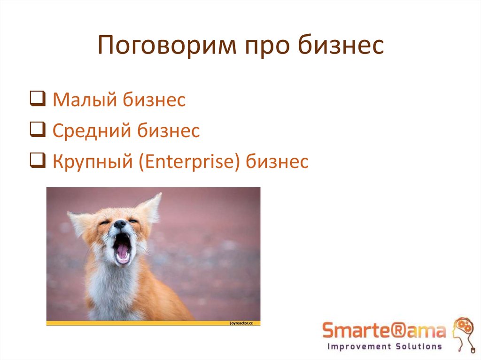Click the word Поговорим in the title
165,47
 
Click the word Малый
85,100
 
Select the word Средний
92,131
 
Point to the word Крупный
94,162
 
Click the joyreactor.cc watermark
241,323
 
